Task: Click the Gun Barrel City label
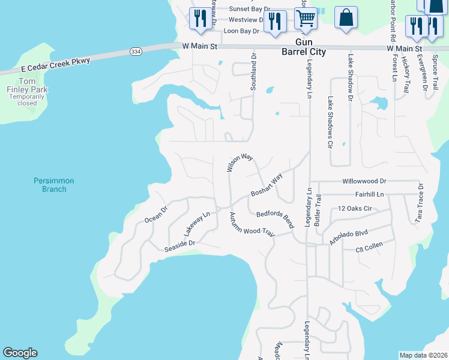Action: (x=304, y=47)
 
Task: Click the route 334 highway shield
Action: (x=135, y=52)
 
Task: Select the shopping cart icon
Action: (x=306, y=19)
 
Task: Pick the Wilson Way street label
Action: (x=240, y=161)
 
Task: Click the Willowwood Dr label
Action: (x=364, y=181)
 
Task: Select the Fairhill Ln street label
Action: (x=369, y=194)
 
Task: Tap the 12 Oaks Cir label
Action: (x=355, y=208)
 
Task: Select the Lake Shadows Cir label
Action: (x=330, y=122)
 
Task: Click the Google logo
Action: (x=20, y=353)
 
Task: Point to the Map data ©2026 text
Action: (x=423, y=355)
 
